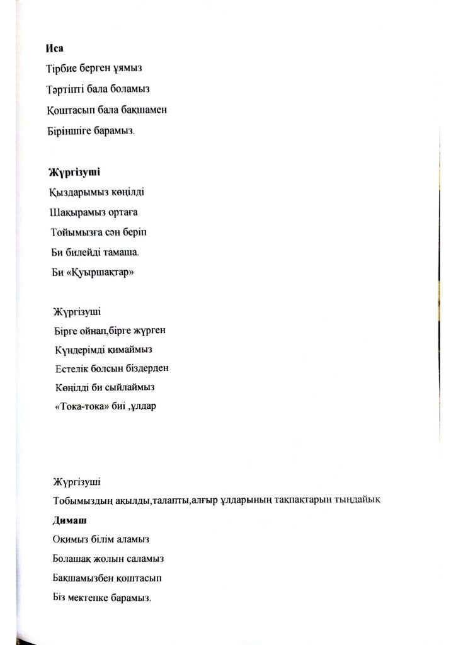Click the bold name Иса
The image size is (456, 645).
tap(54, 48)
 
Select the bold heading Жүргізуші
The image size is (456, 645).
tap(74, 171)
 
